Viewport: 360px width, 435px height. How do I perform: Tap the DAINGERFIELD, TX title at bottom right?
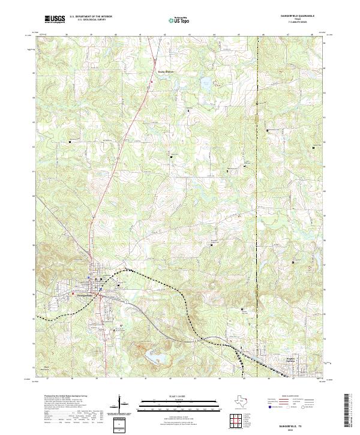(292, 424)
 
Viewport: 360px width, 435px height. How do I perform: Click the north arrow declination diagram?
(119, 405)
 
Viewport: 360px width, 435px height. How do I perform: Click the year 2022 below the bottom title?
(292, 428)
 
